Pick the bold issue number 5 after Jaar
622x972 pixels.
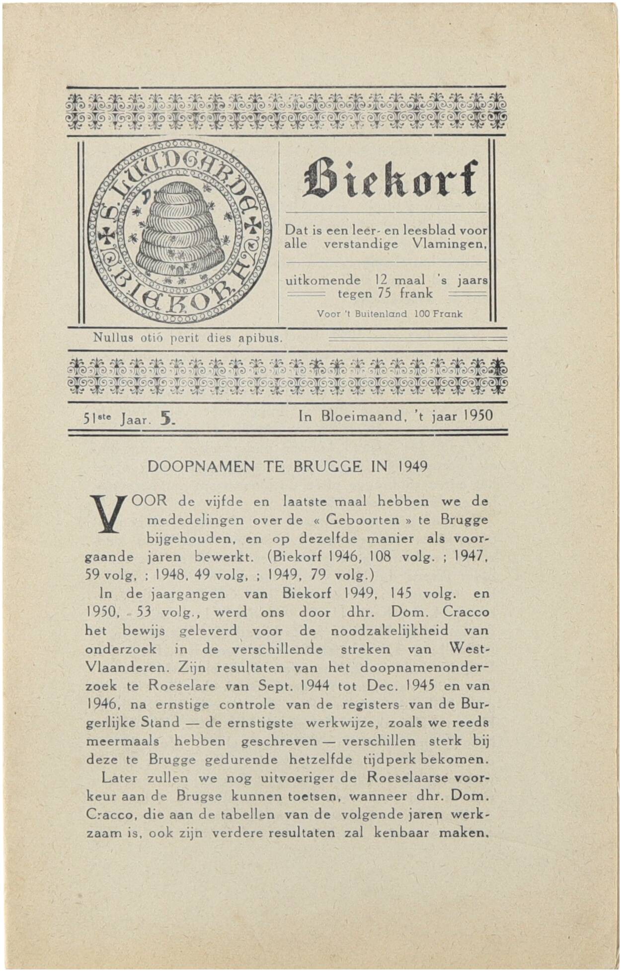(x=165, y=419)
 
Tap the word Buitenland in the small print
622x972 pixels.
(x=382, y=314)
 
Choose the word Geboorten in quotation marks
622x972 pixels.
(x=363, y=520)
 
